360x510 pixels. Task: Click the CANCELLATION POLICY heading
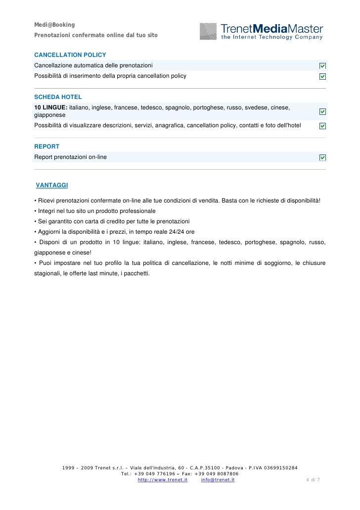pyautogui.click(x=70, y=54)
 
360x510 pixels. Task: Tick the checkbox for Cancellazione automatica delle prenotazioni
pyautogui.click(x=322, y=66)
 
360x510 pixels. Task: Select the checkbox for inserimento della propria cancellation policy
pyautogui.click(x=322, y=76)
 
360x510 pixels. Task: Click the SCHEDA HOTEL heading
pyautogui.click(x=58, y=97)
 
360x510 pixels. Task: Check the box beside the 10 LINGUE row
pyautogui.click(x=322, y=112)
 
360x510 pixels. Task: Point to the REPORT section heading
pyautogui.click(x=46, y=147)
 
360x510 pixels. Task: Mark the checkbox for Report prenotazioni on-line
pyautogui.click(x=322, y=157)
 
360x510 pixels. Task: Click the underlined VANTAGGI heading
pyautogui.click(x=52, y=185)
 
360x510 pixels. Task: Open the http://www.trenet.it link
pyautogui.click(x=162, y=480)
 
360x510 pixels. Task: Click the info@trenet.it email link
pyautogui.click(x=218, y=480)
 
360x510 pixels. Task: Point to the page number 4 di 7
pyautogui.click(x=313, y=480)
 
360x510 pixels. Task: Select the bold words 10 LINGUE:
pyautogui.click(x=50, y=107)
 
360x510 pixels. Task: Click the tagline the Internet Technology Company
pyautogui.click(x=271, y=37)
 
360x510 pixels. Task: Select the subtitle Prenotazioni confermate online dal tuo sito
pyautogui.click(x=95, y=36)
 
